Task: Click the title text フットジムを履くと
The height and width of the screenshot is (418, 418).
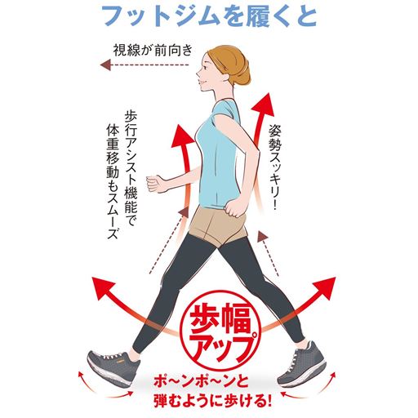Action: (x=209, y=16)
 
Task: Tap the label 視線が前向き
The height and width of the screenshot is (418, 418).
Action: (x=153, y=48)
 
